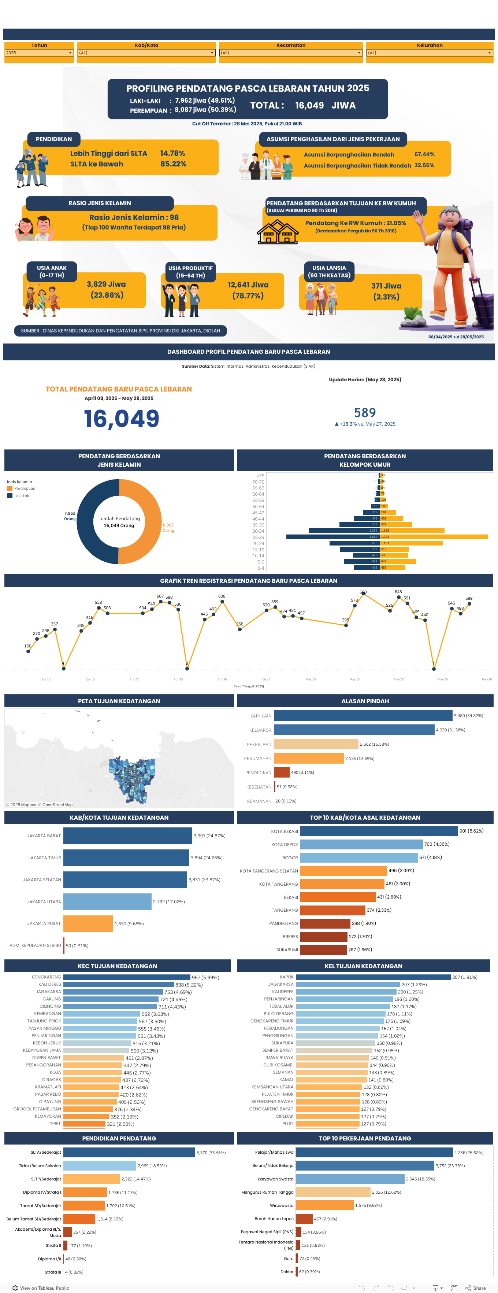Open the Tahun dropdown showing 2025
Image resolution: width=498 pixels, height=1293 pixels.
39,53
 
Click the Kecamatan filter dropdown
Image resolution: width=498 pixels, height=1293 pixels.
291,53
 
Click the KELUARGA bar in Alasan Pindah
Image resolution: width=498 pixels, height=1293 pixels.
354,730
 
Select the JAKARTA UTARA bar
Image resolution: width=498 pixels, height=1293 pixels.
107,901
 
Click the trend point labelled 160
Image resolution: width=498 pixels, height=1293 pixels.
28,651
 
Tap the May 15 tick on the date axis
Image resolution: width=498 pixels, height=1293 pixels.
354,679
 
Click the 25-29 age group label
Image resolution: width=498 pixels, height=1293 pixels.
258,537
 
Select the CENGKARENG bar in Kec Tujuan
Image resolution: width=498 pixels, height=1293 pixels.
127,977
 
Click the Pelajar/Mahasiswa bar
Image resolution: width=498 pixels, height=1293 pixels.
373,1153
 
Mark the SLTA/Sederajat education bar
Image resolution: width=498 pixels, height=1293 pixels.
129,1153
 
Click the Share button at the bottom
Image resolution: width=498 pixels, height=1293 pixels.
476,1288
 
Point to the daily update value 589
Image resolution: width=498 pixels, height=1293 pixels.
365,412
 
